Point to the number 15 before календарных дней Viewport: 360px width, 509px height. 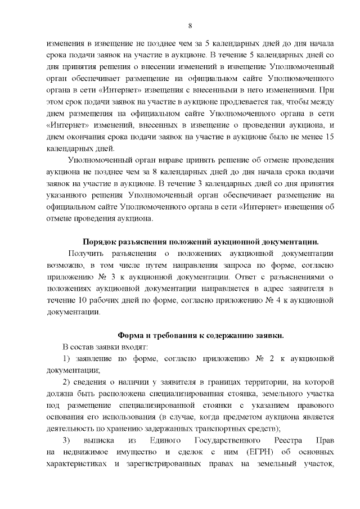pyautogui.click(x=330, y=138)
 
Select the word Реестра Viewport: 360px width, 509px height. pyautogui.click(x=278, y=440)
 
